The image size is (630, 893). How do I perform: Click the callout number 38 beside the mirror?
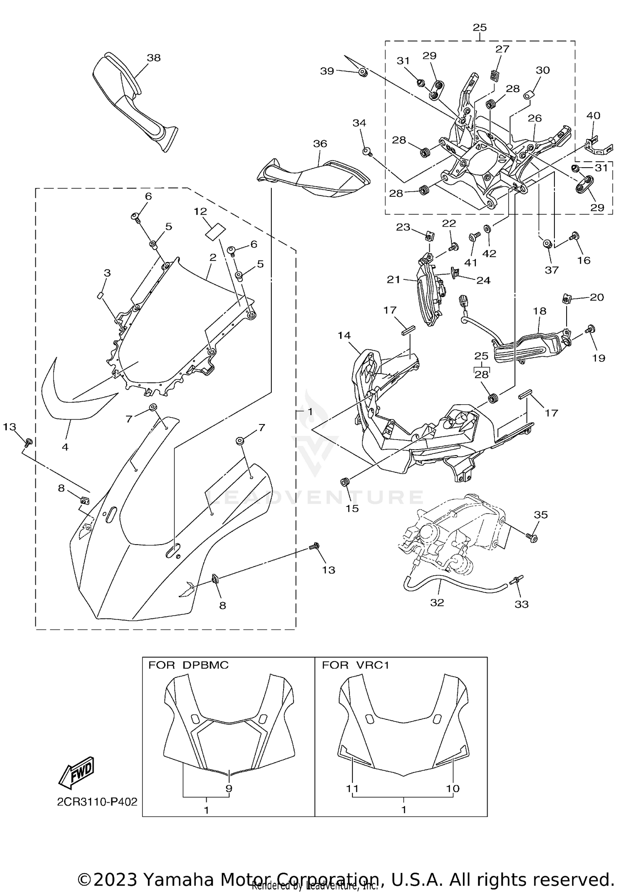pyautogui.click(x=154, y=58)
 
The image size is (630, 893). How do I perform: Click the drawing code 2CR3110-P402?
pyautogui.click(x=97, y=802)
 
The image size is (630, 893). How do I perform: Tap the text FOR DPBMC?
pyautogui.click(x=188, y=665)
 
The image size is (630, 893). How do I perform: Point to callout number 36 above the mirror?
pyautogui.click(x=320, y=144)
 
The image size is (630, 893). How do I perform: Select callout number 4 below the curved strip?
pyautogui.click(x=65, y=447)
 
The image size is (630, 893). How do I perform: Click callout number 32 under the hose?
pyautogui.click(x=437, y=603)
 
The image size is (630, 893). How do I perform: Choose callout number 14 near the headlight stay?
pyautogui.click(x=344, y=335)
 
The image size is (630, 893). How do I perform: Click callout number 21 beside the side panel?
pyautogui.click(x=394, y=279)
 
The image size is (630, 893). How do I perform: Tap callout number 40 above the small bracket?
pyautogui.click(x=593, y=115)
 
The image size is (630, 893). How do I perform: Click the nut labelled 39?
pyautogui.click(x=363, y=73)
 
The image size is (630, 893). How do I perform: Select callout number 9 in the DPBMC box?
pyautogui.click(x=229, y=789)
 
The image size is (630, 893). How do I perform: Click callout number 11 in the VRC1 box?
pyautogui.click(x=352, y=789)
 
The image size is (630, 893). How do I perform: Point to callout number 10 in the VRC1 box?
pyautogui.click(x=453, y=789)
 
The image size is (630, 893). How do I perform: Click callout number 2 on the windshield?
pyautogui.click(x=213, y=257)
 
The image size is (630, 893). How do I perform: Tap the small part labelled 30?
pyautogui.click(x=528, y=95)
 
